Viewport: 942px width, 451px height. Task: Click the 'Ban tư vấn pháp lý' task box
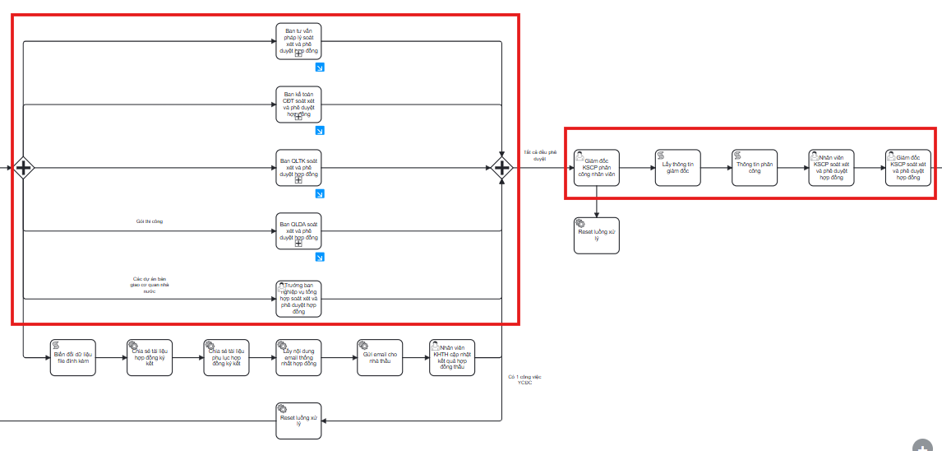pyautogui.click(x=298, y=41)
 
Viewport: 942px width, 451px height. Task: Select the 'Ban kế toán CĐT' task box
pyautogui.click(x=298, y=105)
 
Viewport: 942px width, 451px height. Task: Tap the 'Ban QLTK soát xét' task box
pyautogui.click(x=298, y=168)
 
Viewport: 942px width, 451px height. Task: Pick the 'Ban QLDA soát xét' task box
pyautogui.click(x=298, y=231)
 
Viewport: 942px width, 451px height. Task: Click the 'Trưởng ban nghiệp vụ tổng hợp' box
pyautogui.click(x=298, y=298)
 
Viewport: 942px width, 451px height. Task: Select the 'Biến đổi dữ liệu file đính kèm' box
pyautogui.click(x=72, y=357)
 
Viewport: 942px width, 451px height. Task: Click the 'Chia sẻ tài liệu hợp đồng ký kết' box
pyautogui.click(x=149, y=357)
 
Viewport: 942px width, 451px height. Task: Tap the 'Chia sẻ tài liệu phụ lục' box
pyautogui.click(x=226, y=357)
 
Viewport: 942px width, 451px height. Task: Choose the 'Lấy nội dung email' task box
pyautogui.click(x=298, y=357)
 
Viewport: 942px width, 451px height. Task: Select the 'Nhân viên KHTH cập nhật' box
pyautogui.click(x=452, y=357)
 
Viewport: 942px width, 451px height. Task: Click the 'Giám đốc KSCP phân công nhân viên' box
pyautogui.click(x=597, y=168)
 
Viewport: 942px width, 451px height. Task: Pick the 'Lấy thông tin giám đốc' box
pyautogui.click(x=678, y=168)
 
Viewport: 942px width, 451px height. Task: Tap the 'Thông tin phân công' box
pyautogui.click(x=755, y=168)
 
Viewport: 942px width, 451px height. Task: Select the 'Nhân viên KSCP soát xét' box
pyautogui.click(x=830, y=168)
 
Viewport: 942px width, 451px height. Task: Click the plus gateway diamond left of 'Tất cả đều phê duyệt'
pyautogui.click(x=501, y=168)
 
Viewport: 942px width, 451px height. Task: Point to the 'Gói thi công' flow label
pyautogui.click(x=150, y=221)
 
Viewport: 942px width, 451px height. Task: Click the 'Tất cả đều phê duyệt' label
pyautogui.click(x=539, y=155)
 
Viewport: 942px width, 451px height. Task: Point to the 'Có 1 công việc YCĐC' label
pyautogui.click(x=525, y=380)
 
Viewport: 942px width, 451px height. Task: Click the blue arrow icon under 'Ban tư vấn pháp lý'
pyautogui.click(x=320, y=67)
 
